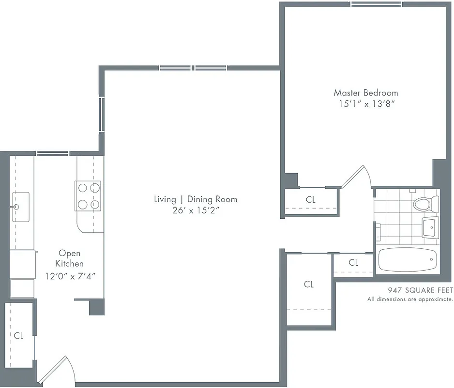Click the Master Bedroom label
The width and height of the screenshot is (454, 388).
point(365,93)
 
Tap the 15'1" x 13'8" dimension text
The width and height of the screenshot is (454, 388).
point(365,104)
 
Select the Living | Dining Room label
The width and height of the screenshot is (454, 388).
point(196,199)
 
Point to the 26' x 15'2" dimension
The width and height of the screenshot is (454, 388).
point(196,210)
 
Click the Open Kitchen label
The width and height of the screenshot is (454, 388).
point(70,258)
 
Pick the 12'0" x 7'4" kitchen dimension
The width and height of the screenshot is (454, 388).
point(70,276)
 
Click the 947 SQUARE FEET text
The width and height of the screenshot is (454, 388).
point(420,291)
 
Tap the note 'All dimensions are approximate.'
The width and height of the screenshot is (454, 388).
point(410,299)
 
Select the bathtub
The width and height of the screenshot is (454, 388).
point(407,261)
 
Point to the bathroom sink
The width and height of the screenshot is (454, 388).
point(430,227)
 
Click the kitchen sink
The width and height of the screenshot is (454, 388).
point(20,201)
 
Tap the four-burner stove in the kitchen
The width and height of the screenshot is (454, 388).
point(88,195)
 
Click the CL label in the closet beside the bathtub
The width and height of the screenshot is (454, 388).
point(353,263)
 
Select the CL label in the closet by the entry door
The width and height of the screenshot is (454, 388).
point(18,335)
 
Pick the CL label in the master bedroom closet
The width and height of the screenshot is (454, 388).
point(310,199)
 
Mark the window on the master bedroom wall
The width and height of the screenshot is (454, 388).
point(376,4)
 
